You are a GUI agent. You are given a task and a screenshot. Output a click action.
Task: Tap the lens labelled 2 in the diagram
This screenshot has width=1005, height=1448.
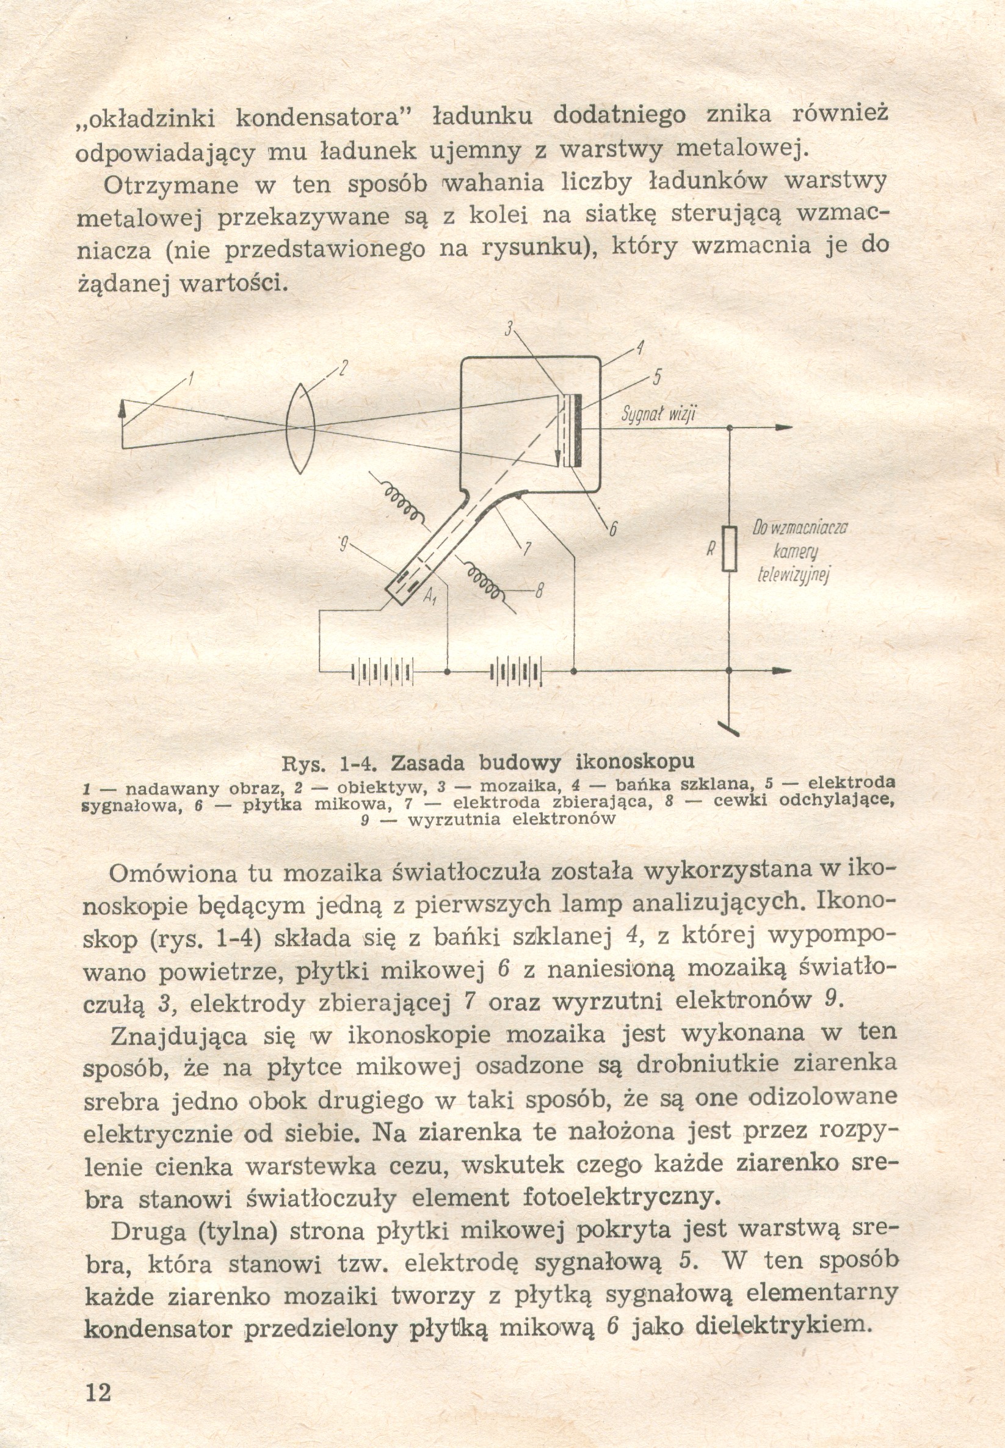pos(300,427)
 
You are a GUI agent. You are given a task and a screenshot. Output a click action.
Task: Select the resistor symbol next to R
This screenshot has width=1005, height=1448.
pos(729,549)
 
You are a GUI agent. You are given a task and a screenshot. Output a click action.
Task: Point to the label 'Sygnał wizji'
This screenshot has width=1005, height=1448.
pos(659,414)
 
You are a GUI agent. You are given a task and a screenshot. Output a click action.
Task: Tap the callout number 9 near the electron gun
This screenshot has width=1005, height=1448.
pos(344,542)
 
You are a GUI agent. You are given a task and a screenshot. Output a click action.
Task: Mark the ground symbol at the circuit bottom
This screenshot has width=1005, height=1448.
pos(730,730)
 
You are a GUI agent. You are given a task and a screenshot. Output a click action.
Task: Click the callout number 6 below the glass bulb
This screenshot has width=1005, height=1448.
pos(609,529)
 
